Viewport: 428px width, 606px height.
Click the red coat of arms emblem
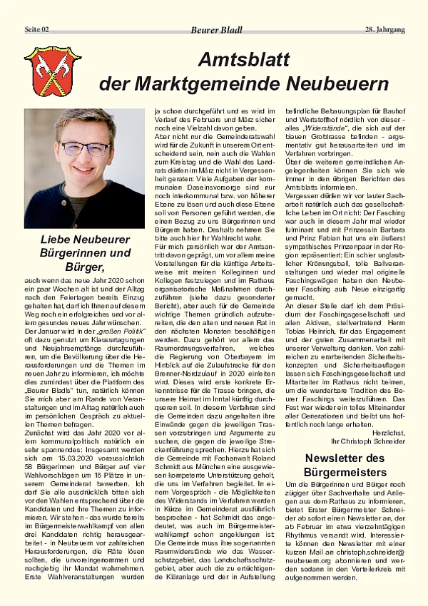53,71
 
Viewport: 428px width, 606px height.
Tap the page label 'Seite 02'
38,30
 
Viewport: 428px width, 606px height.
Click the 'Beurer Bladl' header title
216,30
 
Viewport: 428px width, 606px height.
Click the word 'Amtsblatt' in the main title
244,60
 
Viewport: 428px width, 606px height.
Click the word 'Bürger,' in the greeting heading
84,267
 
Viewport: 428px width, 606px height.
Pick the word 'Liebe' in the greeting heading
54,239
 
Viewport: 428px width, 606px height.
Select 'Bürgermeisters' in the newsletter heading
345,472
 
